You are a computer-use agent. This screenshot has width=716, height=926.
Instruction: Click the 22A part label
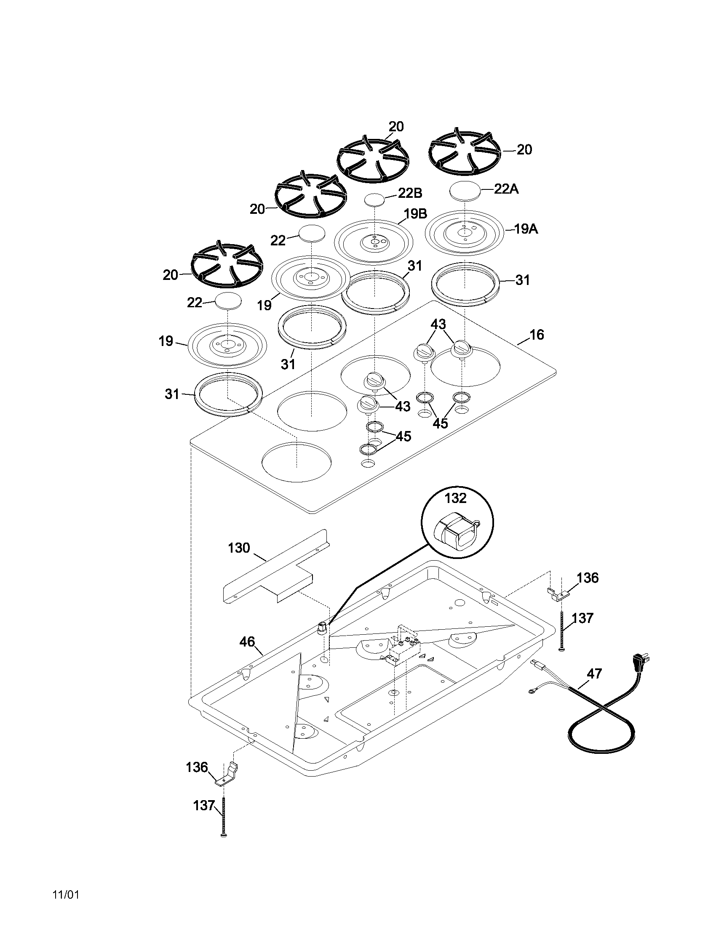[x=506, y=189]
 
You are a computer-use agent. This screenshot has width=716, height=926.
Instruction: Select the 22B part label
[x=410, y=193]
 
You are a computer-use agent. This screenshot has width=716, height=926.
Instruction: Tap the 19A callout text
[x=526, y=229]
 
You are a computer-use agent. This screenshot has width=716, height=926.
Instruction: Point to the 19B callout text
[x=415, y=214]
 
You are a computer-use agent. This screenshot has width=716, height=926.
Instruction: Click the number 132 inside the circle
[x=456, y=498]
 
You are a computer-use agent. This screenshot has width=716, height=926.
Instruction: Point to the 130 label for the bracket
[x=239, y=548]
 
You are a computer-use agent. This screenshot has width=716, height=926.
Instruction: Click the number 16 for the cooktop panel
[x=537, y=335]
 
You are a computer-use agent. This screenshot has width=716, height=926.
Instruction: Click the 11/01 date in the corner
[x=66, y=894]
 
